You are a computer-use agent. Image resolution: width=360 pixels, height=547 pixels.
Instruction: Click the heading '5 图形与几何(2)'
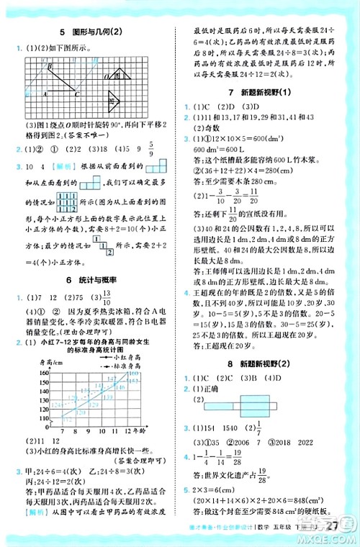(x=90, y=32)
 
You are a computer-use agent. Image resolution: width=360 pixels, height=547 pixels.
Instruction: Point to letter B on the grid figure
(x=50, y=67)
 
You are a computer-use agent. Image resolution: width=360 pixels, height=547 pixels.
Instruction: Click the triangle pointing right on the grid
(x=113, y=99)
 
